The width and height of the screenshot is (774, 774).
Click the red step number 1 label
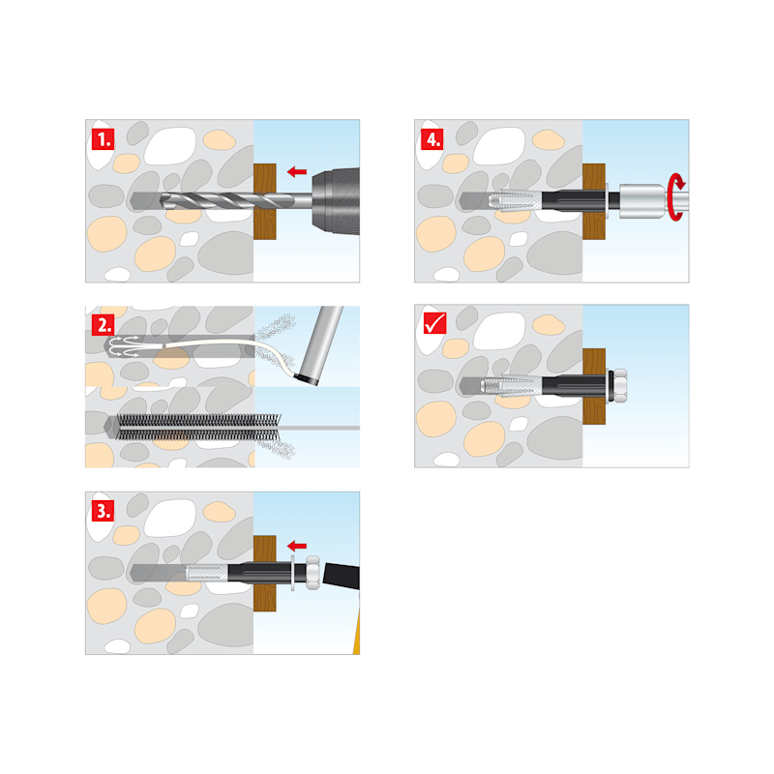[104, 139]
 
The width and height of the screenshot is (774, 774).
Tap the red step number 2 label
[104, 325]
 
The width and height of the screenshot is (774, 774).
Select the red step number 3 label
[104, 511]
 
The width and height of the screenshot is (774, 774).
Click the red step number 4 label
[432, 139]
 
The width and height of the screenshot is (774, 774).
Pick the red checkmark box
[434, 323]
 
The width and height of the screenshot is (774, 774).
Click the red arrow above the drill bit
[297, 172]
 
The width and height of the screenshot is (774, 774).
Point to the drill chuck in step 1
[336, 201]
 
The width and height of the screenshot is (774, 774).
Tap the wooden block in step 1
[264, 201]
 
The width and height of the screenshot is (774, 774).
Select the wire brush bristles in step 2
[198, 428]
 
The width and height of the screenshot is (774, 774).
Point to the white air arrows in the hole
[124, 346]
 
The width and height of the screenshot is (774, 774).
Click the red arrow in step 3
[297, 546]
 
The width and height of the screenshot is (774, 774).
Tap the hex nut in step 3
[312, 573]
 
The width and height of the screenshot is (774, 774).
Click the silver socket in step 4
[642, 200]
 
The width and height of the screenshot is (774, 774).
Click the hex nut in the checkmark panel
[619, 385]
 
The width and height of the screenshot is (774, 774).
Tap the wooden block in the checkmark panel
[594, 386]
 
